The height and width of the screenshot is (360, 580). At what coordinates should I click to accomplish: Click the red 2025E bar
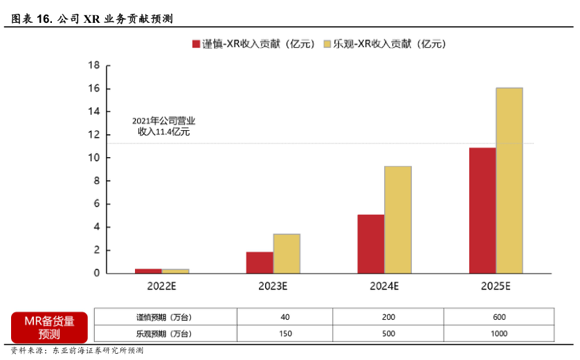point(482,210)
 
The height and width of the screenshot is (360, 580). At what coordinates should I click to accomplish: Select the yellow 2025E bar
point(509,180)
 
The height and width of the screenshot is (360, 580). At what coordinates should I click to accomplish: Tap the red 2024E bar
point(371,244)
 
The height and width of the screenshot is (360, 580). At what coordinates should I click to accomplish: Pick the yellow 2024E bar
point(398,219)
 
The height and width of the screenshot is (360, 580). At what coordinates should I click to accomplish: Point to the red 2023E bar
point(260,262)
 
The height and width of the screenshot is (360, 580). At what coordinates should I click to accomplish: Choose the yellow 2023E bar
point(287,253)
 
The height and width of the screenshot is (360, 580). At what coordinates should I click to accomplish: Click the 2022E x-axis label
point(162,285)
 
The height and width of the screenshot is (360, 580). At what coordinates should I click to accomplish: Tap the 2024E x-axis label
point(384,285)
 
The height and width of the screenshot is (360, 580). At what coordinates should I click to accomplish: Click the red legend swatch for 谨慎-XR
point(196,44)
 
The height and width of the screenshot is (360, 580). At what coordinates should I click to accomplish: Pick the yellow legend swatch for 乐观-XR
point(327,44)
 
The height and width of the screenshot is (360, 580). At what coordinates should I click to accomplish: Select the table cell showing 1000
point(498,334)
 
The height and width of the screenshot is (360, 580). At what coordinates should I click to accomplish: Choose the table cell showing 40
point(285,317)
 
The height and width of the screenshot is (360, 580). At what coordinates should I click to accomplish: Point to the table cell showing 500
point(388,334)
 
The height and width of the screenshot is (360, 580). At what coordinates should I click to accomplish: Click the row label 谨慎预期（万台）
point(165,317)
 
